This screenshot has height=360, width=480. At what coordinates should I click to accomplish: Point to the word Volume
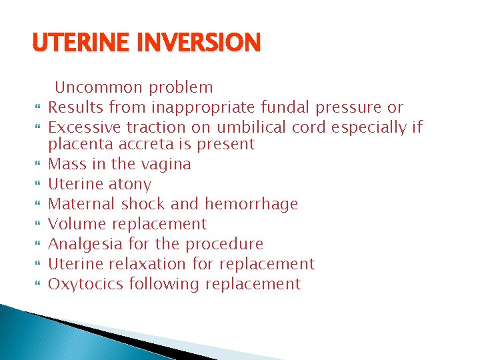click(x=75, y=224)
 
